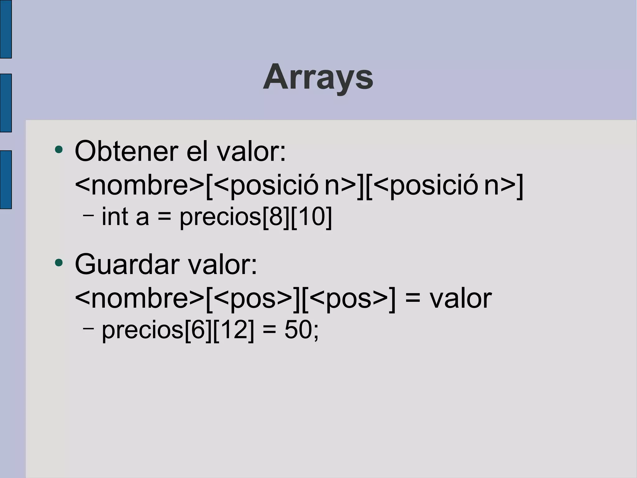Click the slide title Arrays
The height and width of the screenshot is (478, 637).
pos(318,77)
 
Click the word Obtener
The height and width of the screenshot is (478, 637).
pos(127,151)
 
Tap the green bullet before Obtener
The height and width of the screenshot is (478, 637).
pos(58,150)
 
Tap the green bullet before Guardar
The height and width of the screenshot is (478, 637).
pos(58,263)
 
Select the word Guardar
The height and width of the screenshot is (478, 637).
pos(127,265)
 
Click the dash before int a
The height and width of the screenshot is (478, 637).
pos(88,215)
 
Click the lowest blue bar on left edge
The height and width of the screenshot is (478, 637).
pos(6,179)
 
